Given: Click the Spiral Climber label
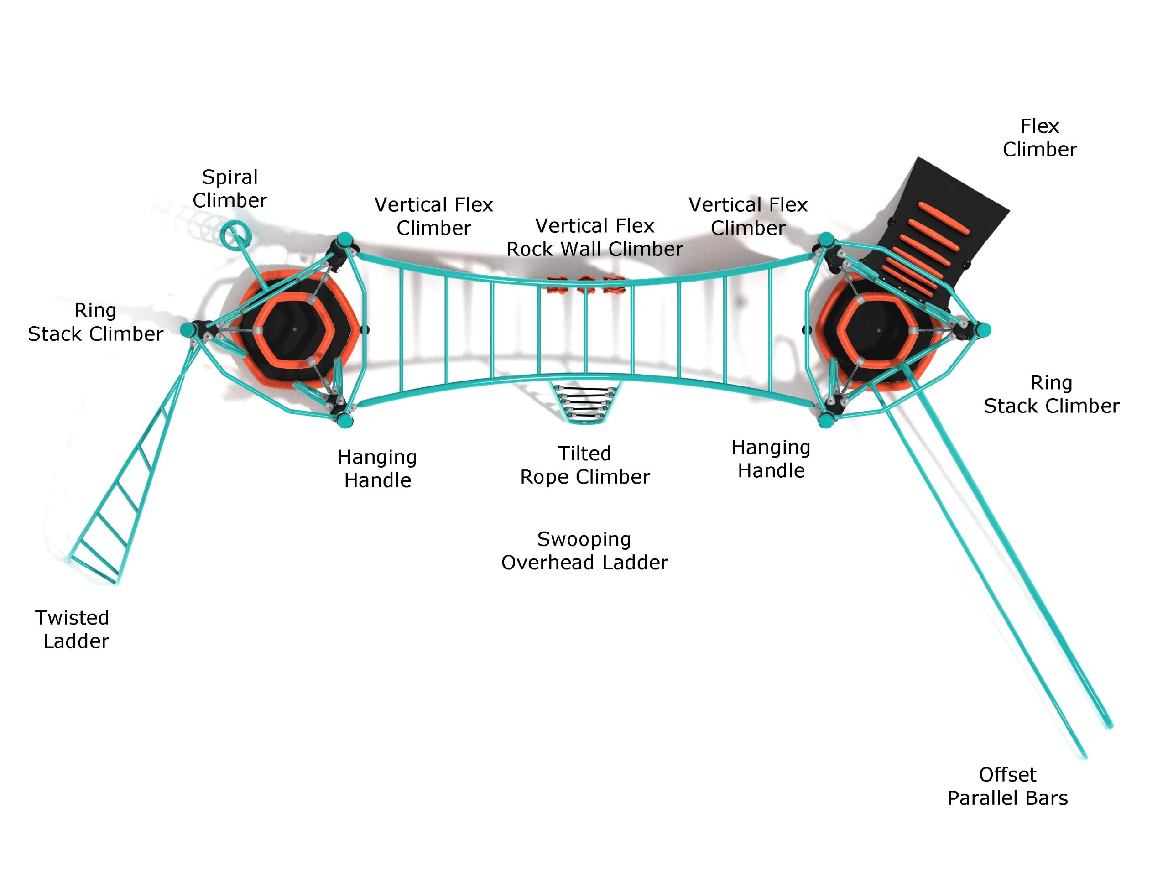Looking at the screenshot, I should (x=229, y=188).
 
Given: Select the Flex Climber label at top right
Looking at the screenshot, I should (x=1039, y=138).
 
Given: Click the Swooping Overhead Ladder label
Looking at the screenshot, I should (x=584, y=550).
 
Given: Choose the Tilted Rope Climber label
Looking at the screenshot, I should (x=584, y=464).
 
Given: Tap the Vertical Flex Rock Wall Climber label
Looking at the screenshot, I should (x=594, y=237).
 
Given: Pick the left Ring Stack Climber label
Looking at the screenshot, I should (x=95, y=322).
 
